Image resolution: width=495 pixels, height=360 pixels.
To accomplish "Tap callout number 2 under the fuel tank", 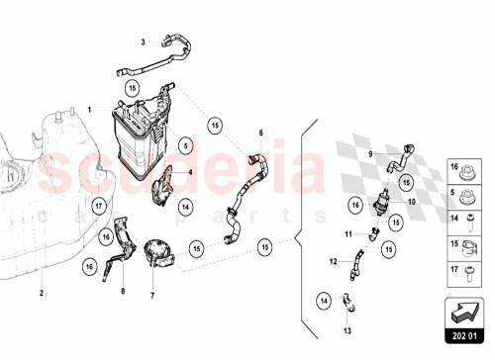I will pyautogui.click(x=42, y=294).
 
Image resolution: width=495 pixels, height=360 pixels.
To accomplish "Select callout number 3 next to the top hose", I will pyautogui.click(x=143, y=42).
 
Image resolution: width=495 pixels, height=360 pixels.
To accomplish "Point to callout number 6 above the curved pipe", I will pyautogui.click(x=261, y=133).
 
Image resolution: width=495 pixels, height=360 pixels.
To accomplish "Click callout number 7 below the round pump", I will pyautogui.click(x=153, y=295).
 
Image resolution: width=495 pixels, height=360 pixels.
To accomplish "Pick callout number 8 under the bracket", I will pyautogui.click(x=122, y=293).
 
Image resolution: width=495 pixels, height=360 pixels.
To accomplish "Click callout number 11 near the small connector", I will pyautogui.click(x=347, y=234).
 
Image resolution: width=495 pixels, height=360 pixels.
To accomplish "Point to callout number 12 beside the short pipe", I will pyautogui.click(x=333, y=262).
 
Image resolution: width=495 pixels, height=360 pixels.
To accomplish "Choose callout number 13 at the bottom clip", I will pyautogui.click(x=346, y=332).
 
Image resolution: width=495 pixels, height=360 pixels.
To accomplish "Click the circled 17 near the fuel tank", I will pyautogui.click(x=99, y=206).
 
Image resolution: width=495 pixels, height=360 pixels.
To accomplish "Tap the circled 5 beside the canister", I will pyautogui.click(x=184, y=144).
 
